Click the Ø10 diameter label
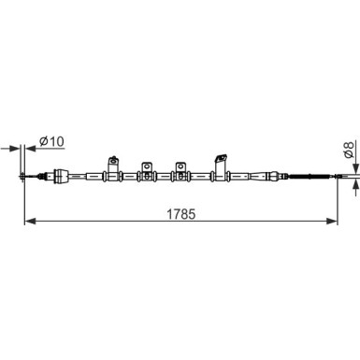(x=50, y=142)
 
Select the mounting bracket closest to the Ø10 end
(x=115, y=165)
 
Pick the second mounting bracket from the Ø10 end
(x=147, y=168)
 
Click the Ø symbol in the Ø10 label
(x=43, y=142)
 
